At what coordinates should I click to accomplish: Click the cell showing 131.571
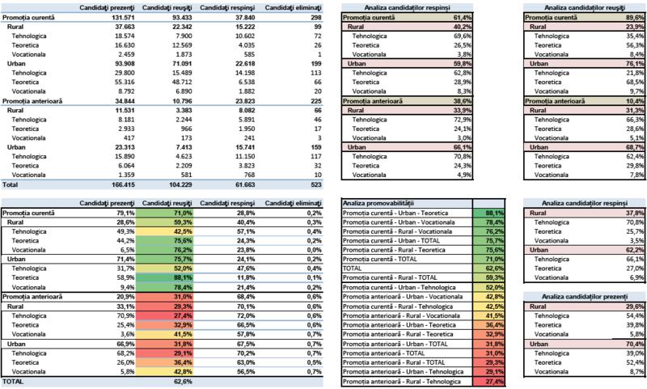point(118,16)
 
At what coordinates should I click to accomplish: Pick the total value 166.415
point(118,184)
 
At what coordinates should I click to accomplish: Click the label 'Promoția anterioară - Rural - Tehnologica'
point(401,381)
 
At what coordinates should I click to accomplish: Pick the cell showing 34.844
point(118,100)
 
